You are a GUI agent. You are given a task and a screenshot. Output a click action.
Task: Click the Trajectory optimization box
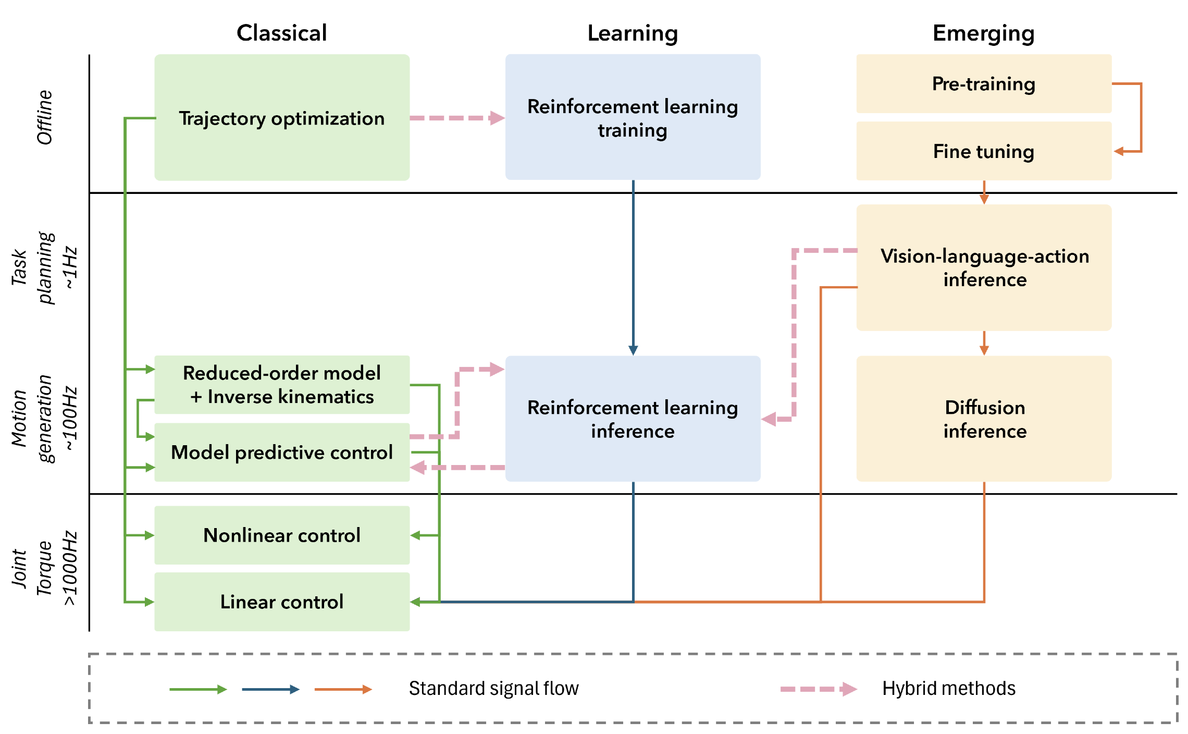(282, 118)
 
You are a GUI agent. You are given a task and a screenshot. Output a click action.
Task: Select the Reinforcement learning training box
(633, 118)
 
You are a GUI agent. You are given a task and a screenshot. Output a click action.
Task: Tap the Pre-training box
(984, 84)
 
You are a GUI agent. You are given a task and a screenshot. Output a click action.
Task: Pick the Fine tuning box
(984, 151)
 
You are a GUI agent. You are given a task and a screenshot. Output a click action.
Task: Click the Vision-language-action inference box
(984, 267)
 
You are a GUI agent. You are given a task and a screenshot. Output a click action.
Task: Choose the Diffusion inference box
(984, 419)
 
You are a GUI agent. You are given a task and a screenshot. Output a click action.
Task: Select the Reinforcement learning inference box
(633, 419)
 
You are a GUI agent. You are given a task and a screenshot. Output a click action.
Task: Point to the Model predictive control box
(282, 452)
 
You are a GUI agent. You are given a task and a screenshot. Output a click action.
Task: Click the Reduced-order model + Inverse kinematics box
(282, 385)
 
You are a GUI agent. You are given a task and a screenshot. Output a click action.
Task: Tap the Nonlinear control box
(282, 535)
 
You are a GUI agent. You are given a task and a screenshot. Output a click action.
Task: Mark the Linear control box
(282, 602)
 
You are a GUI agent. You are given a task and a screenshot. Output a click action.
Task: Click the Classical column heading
(282, 33)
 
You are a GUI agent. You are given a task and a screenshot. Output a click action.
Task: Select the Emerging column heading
(983, 33)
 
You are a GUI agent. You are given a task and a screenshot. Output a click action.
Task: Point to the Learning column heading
(633, 33)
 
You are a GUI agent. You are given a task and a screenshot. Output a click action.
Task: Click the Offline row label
(45, 117)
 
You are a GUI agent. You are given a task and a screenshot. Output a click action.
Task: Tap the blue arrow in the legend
(270, 689)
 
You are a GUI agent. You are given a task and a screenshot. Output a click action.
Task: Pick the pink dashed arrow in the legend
(818, 689)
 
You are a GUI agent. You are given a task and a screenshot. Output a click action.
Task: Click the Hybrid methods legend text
(948, 689)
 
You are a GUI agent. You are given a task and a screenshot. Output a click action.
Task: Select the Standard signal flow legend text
(493, 689)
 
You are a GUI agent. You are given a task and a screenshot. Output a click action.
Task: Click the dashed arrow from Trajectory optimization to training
(457, 118)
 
